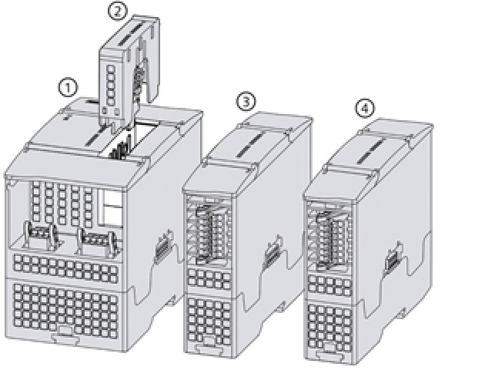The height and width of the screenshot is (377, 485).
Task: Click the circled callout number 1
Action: coord(70,88)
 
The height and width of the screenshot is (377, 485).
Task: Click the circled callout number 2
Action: coord(116,11)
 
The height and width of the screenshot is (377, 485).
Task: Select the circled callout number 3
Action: coord(246,101)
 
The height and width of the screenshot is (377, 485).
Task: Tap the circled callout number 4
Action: coord(365,108)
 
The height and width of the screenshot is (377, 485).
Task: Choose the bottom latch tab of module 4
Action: coord(329,356)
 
